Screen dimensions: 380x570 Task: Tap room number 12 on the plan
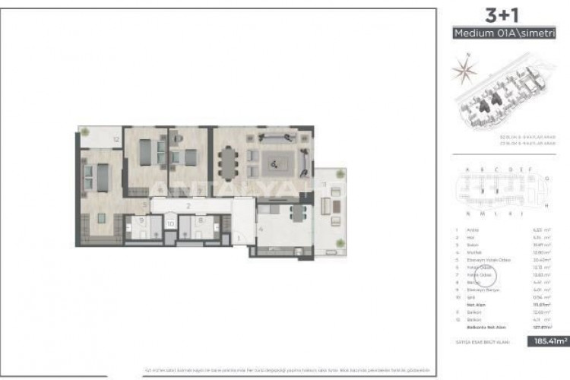tap(116, 140)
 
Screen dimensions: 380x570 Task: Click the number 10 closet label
tap(170, 224)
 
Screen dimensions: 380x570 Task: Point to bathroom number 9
tap(141, 221)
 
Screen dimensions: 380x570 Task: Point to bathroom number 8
tap(199, 221)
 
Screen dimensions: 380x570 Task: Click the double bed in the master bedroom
tap(97, 179)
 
